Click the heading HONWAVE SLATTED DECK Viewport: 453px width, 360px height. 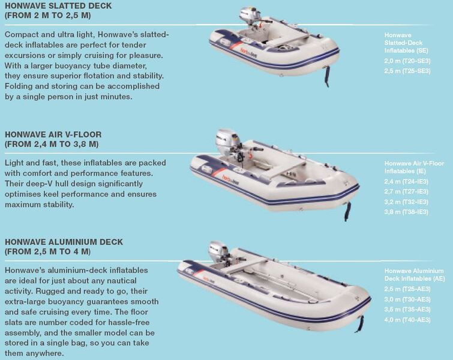pyautogui.click(x=58, y=6)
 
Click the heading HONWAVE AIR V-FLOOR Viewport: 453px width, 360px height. pyautogui.click(x=53, y=134)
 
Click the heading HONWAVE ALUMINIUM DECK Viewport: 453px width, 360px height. pyautogui.click(x=64, y=242)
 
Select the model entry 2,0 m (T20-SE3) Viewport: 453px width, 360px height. pyautogui.click(x=407, y=61)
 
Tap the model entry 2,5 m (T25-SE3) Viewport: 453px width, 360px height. pyautogui.click(x=407, y=71)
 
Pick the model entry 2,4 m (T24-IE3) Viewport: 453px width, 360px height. pyautogui.click(x=406, y=181)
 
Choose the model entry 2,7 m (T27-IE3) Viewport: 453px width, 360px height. pyautogui.click(x=406, y=191)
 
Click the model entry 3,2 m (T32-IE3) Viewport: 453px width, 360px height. pyautogui.click(x=406, y=202)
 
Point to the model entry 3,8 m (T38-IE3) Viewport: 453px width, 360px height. pyautogui.click(x=406, y=212)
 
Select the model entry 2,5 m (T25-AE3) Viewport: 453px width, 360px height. pyautogui.click(x=407, y=289)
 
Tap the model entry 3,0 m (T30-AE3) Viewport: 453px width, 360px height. pyautogui.click(x=407, y=299)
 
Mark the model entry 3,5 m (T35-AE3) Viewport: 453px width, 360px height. pyautogui.click(x=407, y=310)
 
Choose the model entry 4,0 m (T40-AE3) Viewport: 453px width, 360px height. pyautogui.click(x=407, y=320)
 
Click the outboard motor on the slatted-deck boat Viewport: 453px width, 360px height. pyautogui.click(x=250, y=16)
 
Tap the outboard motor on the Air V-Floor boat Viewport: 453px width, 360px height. pyautogui.click(x=228, y=143)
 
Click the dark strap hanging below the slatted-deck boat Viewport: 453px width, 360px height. pyautogui.click(x=326, y=76)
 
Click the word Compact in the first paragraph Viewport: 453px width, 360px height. pyautogui.click(x=22, y=35)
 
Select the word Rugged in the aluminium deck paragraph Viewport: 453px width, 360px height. pyautogui.click(x=51, y=291)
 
